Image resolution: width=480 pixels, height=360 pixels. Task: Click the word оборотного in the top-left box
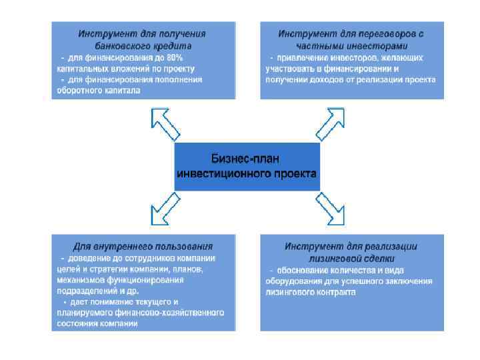[x=79, y=91]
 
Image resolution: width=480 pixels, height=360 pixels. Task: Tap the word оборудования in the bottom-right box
[x=293, y=281]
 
